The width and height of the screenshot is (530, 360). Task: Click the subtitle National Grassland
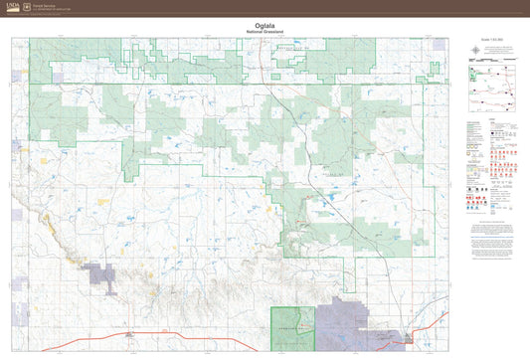(x=265, y=34)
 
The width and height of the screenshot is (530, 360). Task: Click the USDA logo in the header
(x=11, y=6)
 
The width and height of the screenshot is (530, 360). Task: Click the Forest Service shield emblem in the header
(x=27, y=6)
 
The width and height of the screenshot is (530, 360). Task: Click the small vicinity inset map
(x=493, y=93)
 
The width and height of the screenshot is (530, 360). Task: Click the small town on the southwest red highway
(x=127, y=335)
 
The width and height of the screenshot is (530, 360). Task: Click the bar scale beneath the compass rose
(x=489, y=60)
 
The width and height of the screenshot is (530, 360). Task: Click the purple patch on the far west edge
(x=17, y=146)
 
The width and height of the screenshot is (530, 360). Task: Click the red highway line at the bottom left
(x=70, y=343)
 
